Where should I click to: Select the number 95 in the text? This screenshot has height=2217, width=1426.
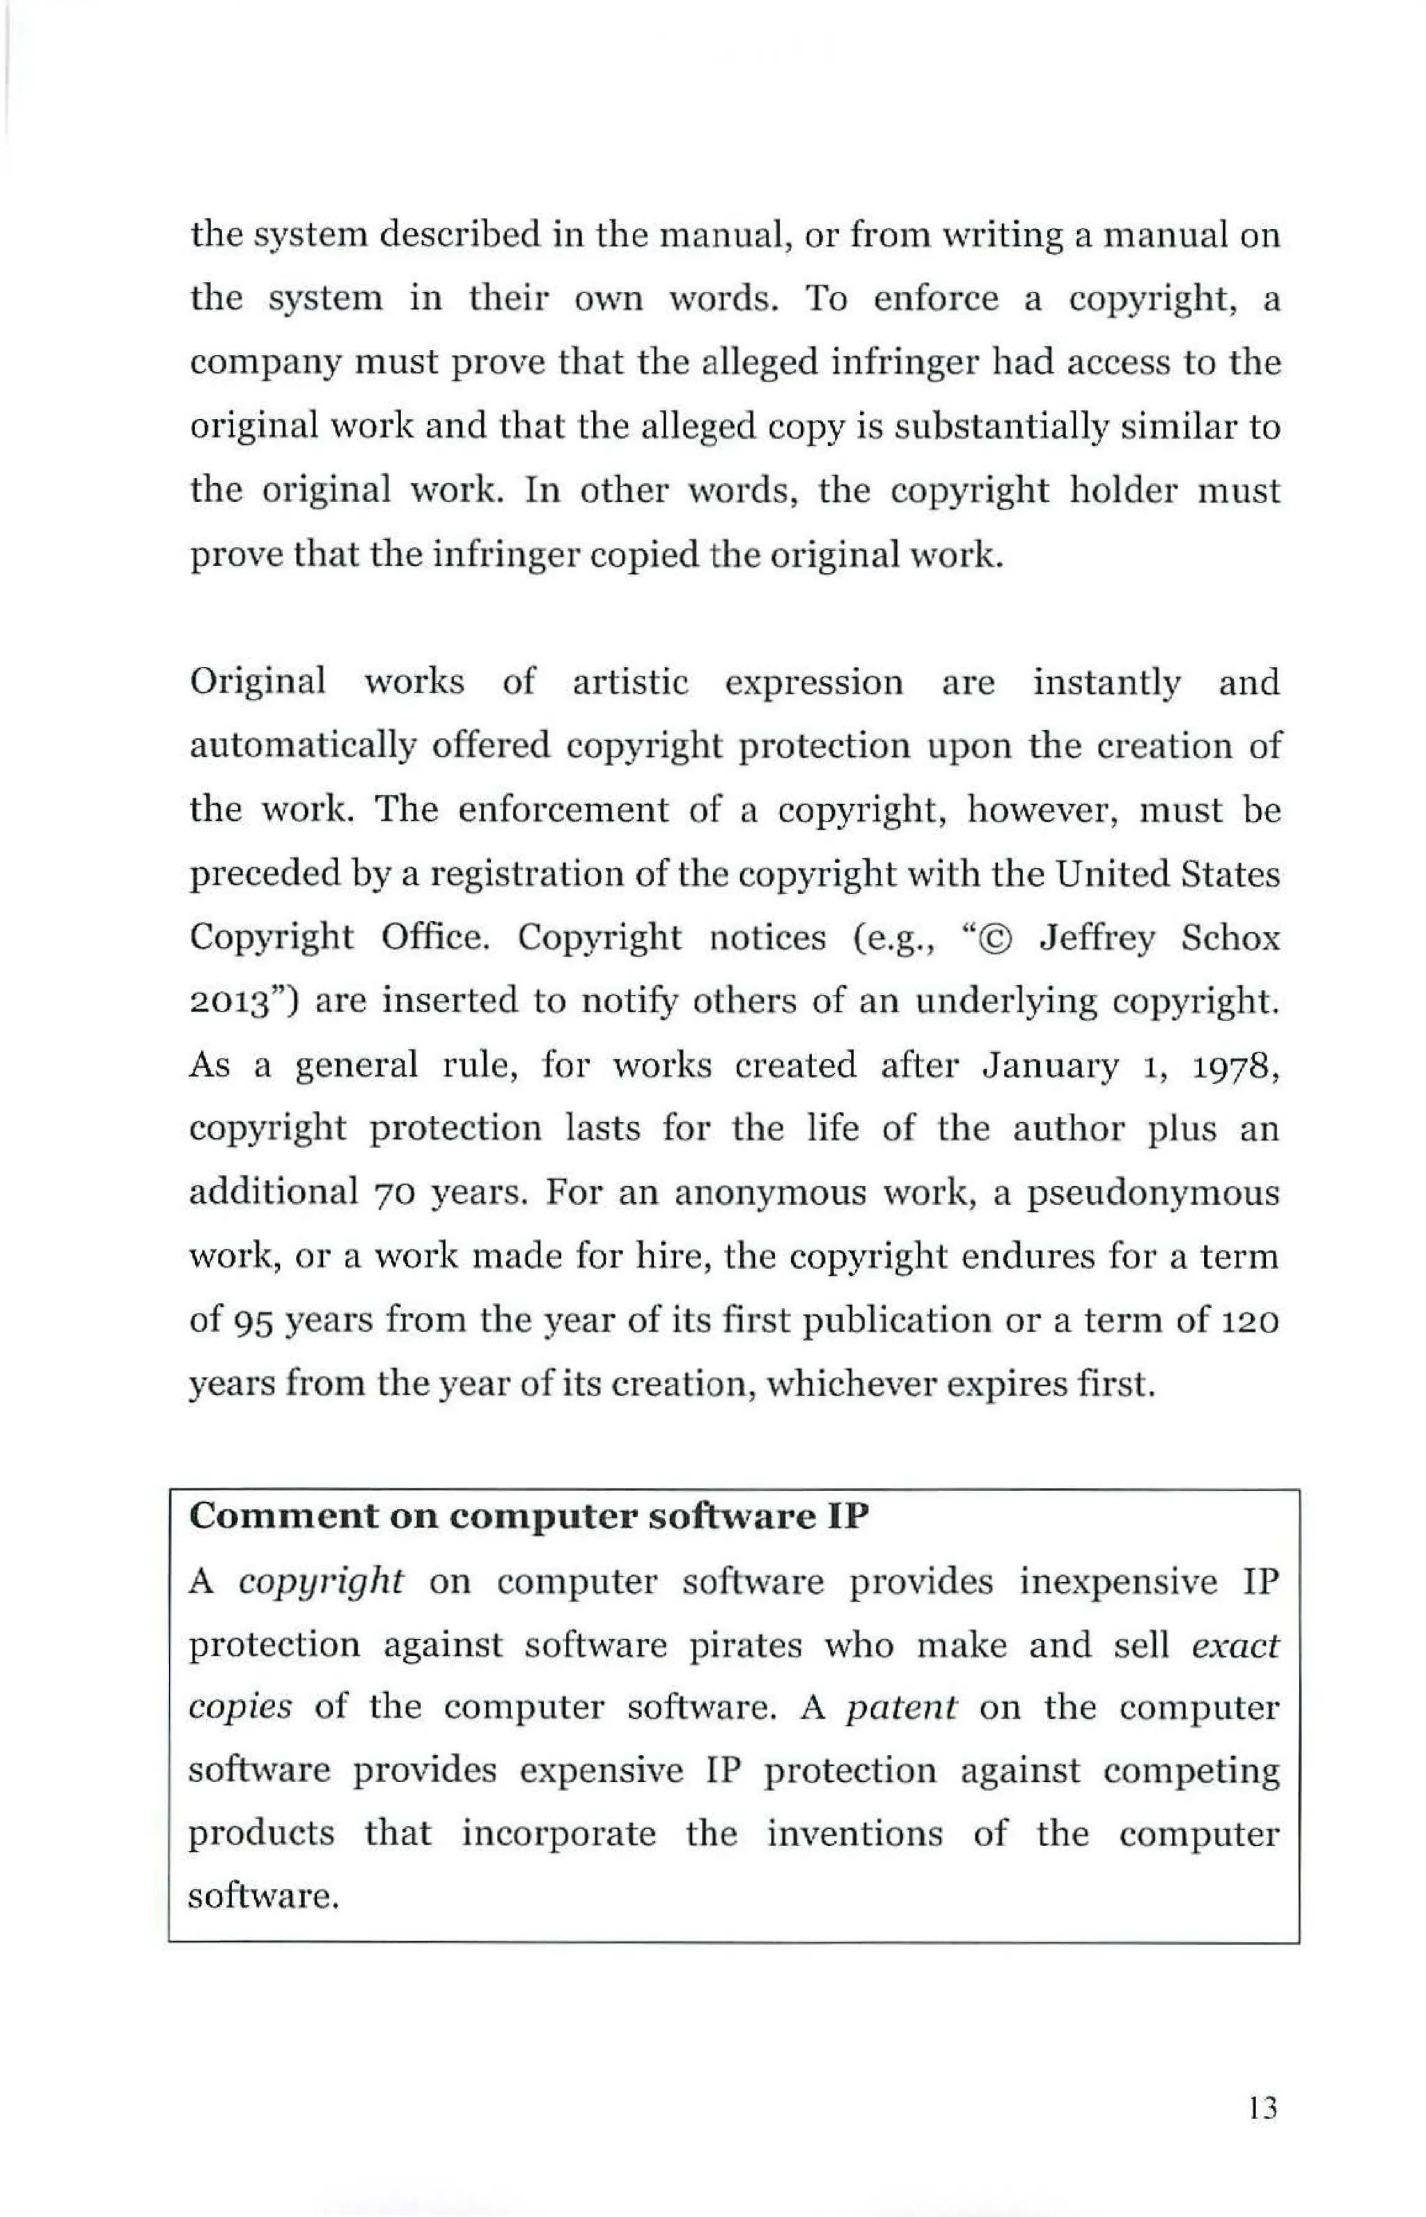[249, 1320]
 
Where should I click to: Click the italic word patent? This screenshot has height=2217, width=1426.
[900, 1706]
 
